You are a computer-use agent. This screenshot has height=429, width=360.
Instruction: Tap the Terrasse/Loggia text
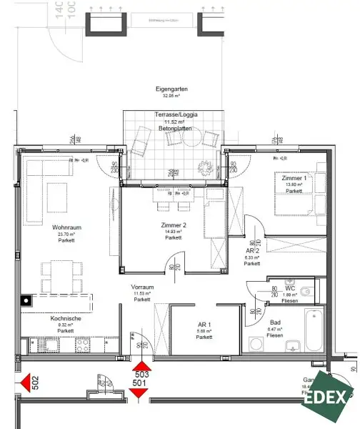click(x=171, y=114)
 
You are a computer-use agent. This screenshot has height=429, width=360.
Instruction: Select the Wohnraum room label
click(x=65, y=227)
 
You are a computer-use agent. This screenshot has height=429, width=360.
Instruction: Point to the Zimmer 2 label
click(x=173, y=225)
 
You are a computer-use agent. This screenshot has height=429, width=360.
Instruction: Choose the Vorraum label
click(x=143, y=286)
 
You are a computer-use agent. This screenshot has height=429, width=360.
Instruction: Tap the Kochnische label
click(x=65, y=319)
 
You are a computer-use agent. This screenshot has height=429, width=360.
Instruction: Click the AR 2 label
click(x=251, y=252)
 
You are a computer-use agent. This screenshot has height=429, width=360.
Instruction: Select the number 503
click(x=141, y=374)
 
